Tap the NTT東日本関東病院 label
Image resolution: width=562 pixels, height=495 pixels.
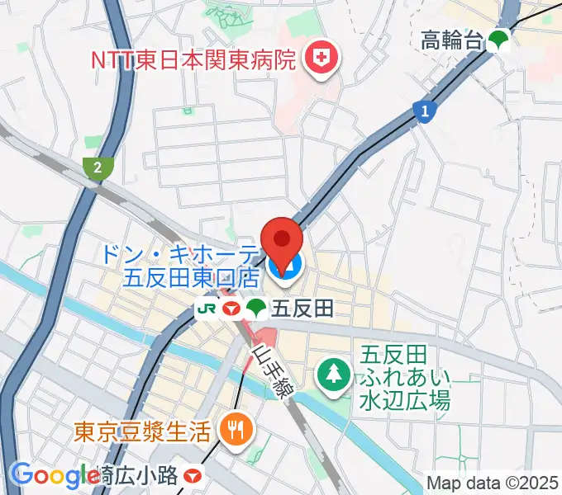tap(193, 59)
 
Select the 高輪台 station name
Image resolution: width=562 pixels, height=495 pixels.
tap(451, 39)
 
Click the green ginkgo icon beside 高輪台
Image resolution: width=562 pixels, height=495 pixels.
tap(498, 40)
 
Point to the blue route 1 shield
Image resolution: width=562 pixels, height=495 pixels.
tap(424, 111)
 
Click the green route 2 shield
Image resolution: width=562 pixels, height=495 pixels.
tap(98, 167)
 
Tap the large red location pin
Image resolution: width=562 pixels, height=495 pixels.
tap(283, 243)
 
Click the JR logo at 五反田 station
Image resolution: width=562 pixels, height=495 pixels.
tap(207, 309)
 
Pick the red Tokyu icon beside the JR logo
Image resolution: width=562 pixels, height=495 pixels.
tap(231, 309)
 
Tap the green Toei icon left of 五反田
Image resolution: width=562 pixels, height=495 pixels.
tap(256, 309)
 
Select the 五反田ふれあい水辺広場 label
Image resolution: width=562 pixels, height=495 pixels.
tap(404, 379)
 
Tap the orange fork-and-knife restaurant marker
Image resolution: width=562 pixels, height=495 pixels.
tap(234, 427)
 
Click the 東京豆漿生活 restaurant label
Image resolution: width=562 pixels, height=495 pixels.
tap(144, 430)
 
